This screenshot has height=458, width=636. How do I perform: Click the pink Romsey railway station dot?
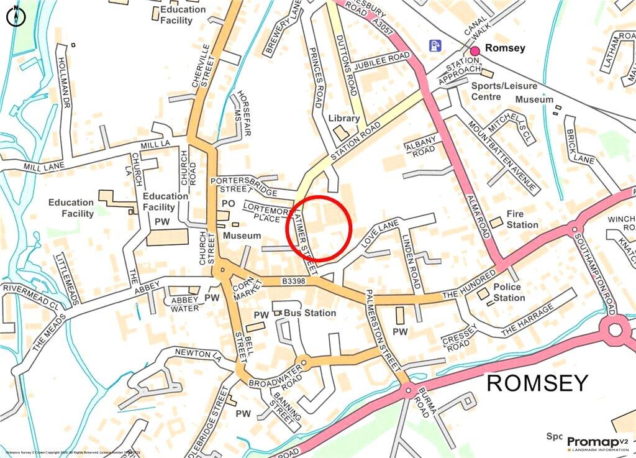[x=475, y=50]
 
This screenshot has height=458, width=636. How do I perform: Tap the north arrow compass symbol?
[x=16, y=16]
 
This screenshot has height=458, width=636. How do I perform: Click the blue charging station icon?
[x=436, y=45]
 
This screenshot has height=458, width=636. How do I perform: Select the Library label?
[x=344, y=118]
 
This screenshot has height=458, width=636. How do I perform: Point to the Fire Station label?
[x=522, y=219]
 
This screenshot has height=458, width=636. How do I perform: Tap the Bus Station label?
[x=311, y=313]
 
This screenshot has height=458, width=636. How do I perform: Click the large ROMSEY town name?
[x=537, y=383]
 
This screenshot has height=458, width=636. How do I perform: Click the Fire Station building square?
[x=496, y=222]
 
